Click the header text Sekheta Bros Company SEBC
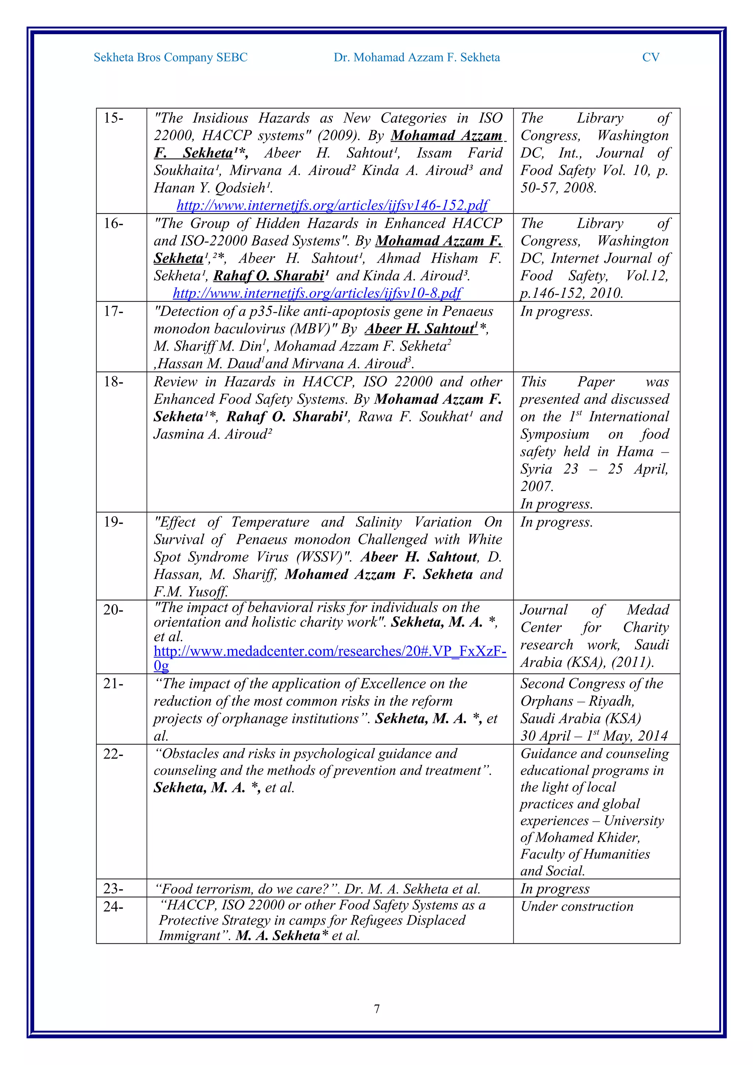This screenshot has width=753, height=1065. click(170, 58)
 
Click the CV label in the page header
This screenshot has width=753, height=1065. click(650, 58)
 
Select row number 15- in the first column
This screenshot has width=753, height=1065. click(114, 118)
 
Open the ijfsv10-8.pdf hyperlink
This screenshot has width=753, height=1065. click(317, 293)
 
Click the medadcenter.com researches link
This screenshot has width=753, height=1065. click(329, 651)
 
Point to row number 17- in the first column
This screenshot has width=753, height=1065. click(114, 311)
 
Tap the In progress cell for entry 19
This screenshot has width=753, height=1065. click(556, 522)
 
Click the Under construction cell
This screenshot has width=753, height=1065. click(577, 906)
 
